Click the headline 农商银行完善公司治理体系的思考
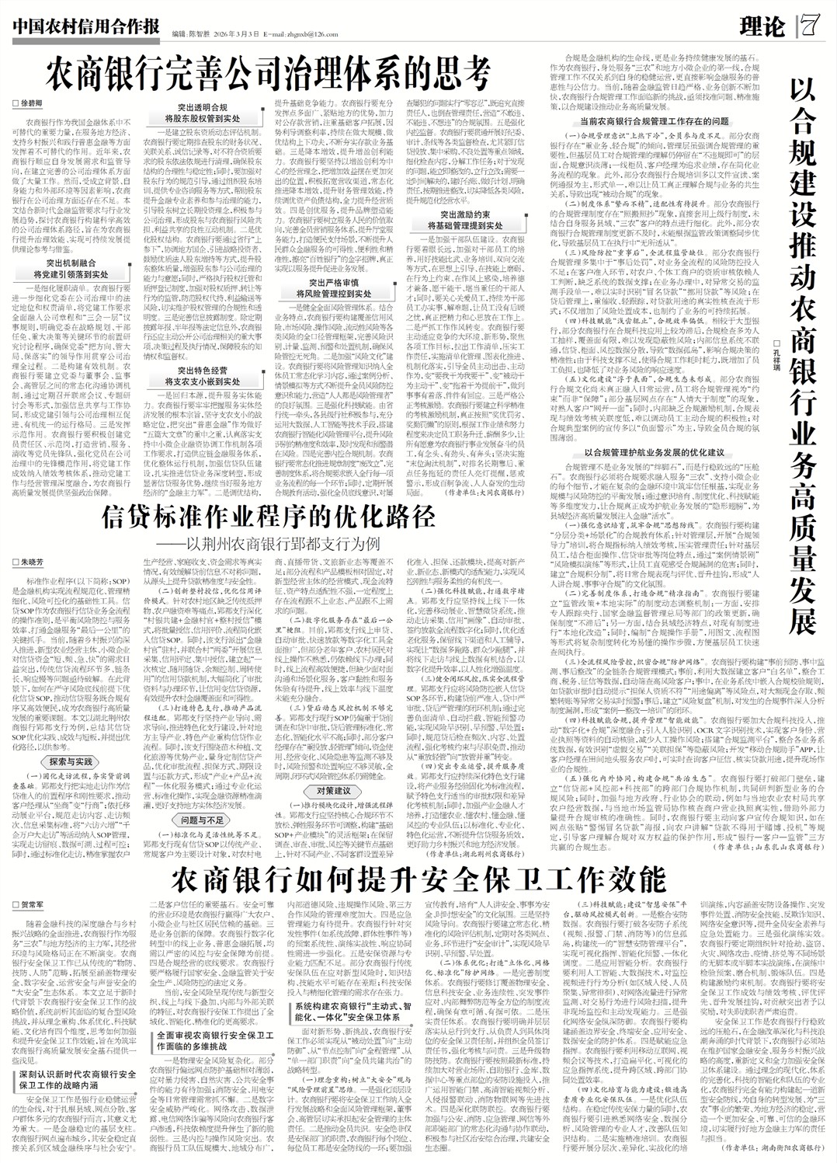(269, 75)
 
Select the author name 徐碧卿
(32, 103)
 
